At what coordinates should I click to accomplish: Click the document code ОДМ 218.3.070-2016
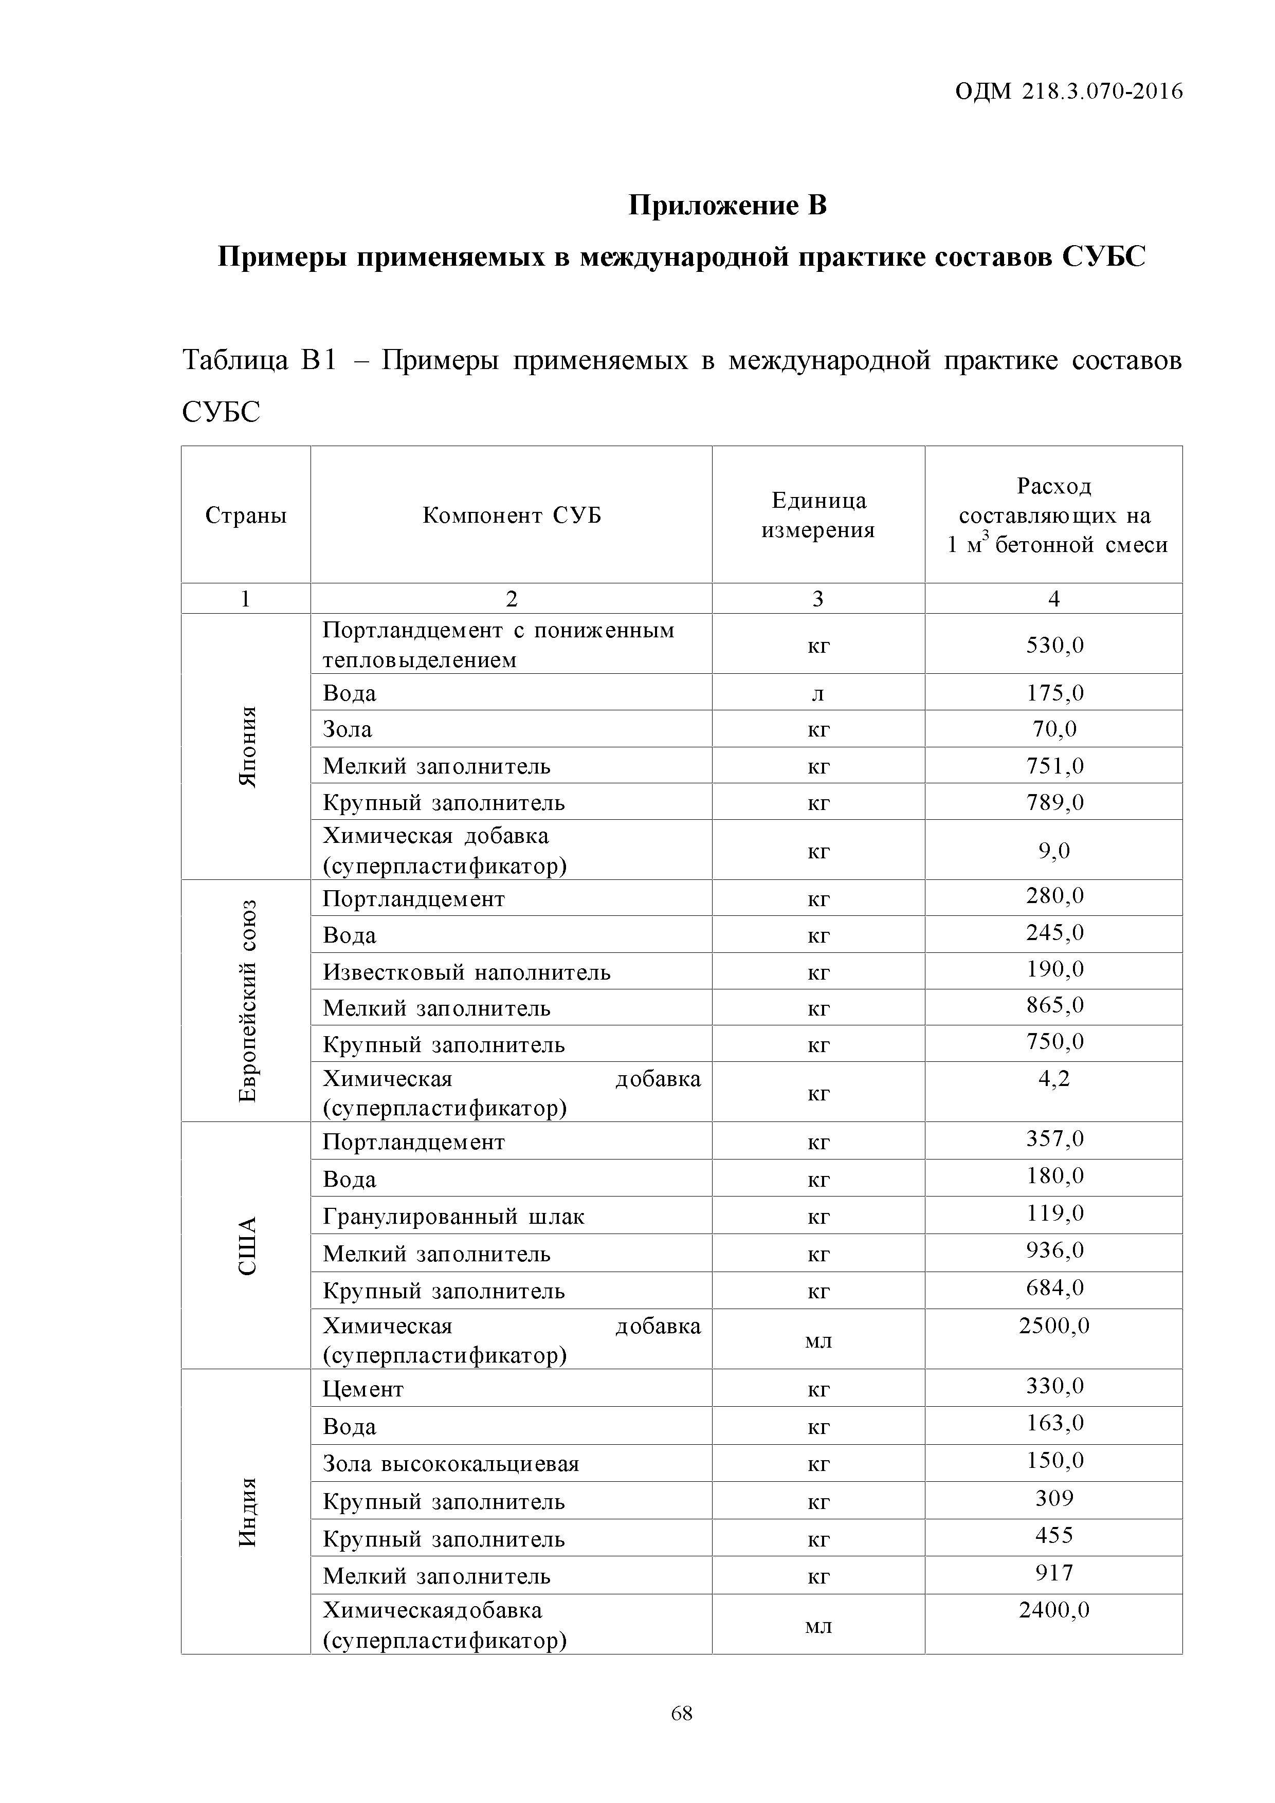(1068, 93)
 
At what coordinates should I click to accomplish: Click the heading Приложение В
(727, 206)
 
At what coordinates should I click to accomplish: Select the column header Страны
(246, 516)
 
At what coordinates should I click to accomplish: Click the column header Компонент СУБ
(512, 516)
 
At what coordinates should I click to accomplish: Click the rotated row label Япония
(247, 747)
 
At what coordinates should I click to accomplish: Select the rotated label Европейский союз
(247, 1001)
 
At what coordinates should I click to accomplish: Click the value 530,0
(1054, 646)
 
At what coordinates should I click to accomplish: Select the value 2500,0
(1054, 1327)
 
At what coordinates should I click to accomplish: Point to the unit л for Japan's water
(818, 693)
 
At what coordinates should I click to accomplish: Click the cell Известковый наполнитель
(467, 973)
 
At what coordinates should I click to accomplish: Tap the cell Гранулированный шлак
(453, 1217)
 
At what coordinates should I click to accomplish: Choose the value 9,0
(1054, 851)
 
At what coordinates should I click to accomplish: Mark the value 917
(1054, 1573)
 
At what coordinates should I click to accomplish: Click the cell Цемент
(363, 1390)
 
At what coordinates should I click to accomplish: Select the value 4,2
(1054, 1079)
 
